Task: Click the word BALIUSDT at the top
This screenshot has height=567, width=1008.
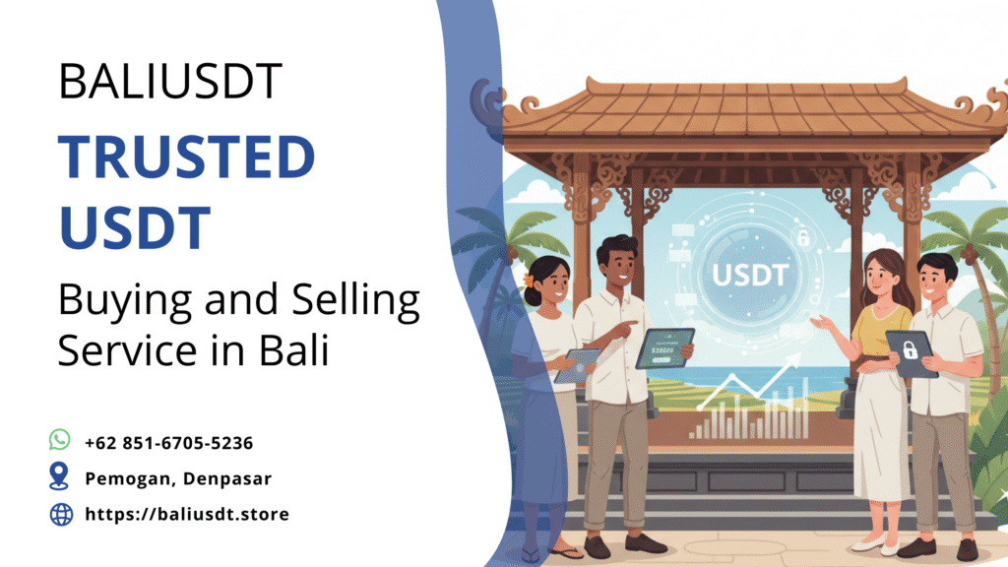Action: [x=170, y=82]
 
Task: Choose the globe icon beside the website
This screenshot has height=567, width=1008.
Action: [x=61, y=514]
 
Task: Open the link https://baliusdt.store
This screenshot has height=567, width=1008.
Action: [x=187, y=514]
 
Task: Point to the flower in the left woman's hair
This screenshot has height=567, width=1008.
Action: [x=529, y=279]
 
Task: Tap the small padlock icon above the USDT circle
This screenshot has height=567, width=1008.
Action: [x=803, y=237]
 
